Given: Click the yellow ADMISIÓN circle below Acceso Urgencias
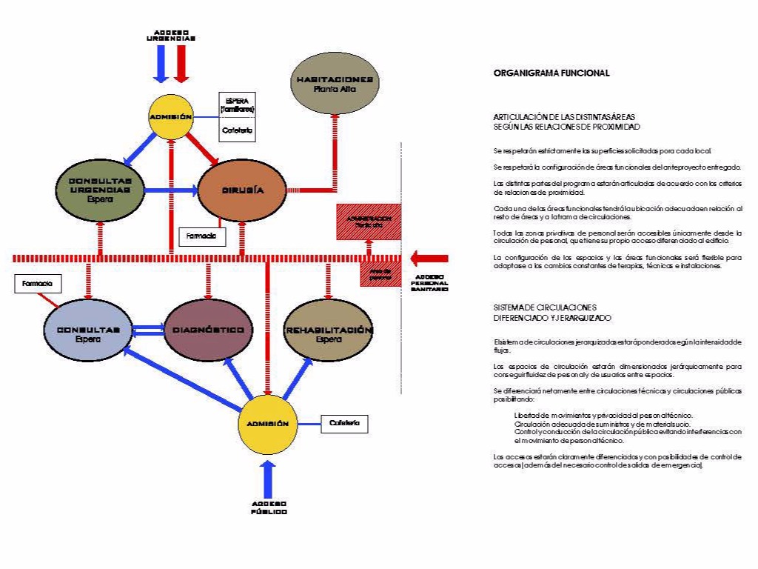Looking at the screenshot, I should pyautogui.click(x=171, y=117).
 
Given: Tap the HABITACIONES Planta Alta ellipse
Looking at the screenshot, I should pyautogui.click(x=333, y=83).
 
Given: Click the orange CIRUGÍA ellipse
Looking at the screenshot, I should pyautogui.click(x=242, y=190).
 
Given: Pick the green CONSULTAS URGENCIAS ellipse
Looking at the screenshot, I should pyautogui.click(x=100, y=190).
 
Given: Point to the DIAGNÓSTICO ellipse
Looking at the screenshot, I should pyautogui.click(x=208, y=329).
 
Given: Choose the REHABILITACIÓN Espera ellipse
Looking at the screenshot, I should pyautogui.click(x=329, y=330).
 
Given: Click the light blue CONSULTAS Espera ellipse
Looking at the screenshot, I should pyautogui.click(x=88, y=330).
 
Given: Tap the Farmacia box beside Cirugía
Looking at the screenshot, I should pyautogui.click(x=201, y=236).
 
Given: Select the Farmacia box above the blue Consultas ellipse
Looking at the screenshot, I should pyautogui.click(x=37, y=284).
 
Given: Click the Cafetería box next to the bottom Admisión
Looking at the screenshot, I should pyautogui.click(x=344, y=423).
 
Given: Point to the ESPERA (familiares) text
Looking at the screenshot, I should pyautogui.click(x=238, y=105).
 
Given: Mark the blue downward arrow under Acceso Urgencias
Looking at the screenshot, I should pyautogui.click(x=160, y=67).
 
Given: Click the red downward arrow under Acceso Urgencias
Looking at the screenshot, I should pyautogui.click(x=182, y=67).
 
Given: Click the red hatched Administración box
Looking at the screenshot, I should pyautogui.click(x=369, y=221).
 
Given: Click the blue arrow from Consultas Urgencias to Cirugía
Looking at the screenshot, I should pyautogui.click(x=170, y=190).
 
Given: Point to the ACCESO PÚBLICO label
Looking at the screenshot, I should pyautogui.click(x=268, y=508).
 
